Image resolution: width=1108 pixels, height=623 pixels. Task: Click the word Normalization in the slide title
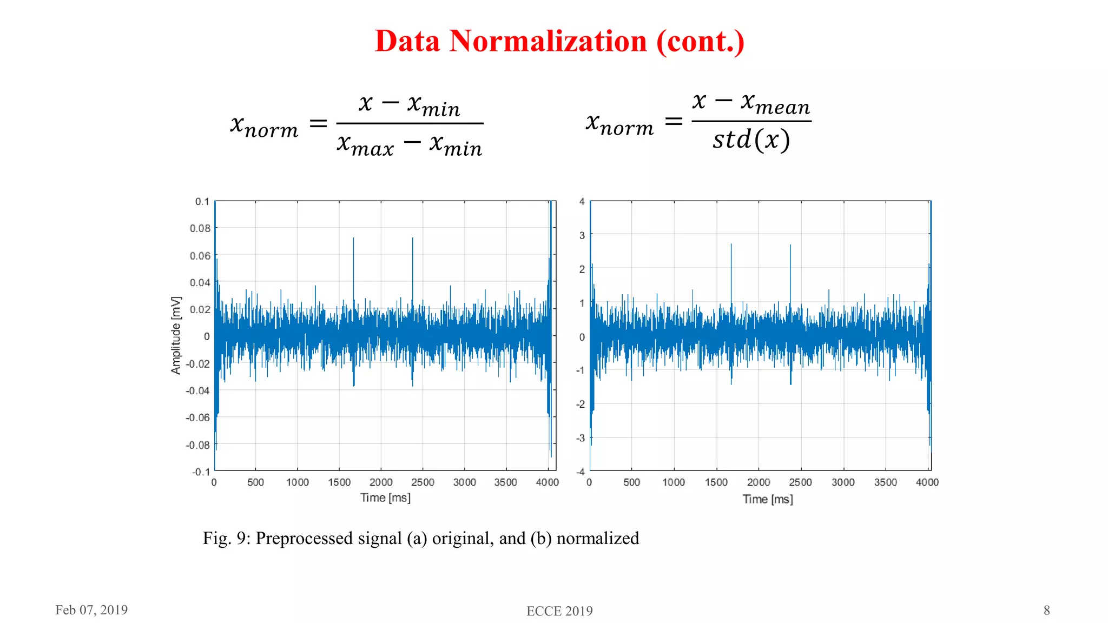pos(548,41)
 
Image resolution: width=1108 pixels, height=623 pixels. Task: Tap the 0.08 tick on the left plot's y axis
pos(200,228)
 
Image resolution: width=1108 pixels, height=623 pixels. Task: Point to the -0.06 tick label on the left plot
pos(197,417)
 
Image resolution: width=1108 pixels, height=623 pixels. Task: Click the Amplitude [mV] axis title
pos(176,335)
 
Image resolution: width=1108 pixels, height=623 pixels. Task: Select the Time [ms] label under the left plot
pos(385,498)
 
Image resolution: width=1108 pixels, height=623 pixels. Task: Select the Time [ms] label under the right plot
pos(767,499)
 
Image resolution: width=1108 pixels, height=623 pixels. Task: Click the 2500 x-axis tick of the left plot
pos(423,482)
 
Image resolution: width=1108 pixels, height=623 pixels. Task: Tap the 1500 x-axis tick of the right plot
pos(716,482)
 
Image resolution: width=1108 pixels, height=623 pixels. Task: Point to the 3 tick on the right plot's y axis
pos(582,235)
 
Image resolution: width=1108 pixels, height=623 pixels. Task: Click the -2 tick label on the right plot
pos(581,404)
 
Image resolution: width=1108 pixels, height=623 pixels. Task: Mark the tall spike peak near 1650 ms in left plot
pos(353,238)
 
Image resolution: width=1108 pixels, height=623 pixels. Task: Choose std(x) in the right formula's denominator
pos(751,140)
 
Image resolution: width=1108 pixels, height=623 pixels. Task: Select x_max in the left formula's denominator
pos(365,145)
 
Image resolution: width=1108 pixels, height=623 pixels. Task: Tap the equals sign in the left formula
pos(318,124)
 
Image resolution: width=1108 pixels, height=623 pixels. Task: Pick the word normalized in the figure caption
pos(597,538)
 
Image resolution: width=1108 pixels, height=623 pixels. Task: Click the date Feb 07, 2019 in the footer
pos(91,610)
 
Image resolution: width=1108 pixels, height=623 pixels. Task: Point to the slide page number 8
pos(1046,610)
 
